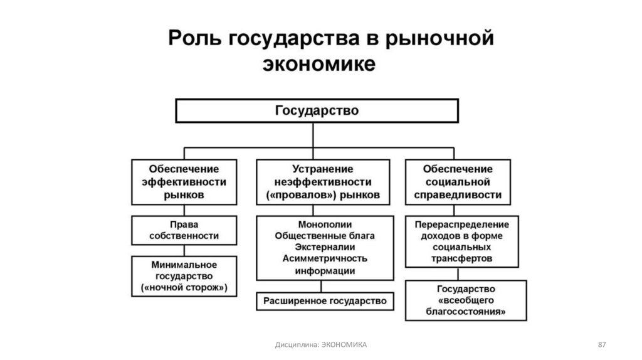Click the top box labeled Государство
pyautogui.click(x=317, y=110)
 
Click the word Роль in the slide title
pyautogui.click(x=191, y=38)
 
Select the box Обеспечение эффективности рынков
pyautogui.click(x=184, y=182)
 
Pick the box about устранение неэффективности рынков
pyautogui.click(x=322, y=182)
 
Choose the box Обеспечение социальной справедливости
pyautogui.click(x=457, y=182)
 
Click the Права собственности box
pyautogui.click(x=184, y=230)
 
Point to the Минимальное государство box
pyautogui.click(x=184, y=276)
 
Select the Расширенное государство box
pyautogui.click(x=325, y=301)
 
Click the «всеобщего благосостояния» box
pyautogui.click(x=465, y=300)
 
